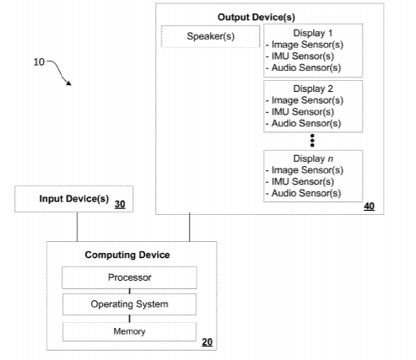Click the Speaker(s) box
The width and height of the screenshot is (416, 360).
[x=210, y=36]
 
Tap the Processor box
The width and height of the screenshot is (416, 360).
[x=129, y=277]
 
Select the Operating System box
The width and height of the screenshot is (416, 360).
[x=129, y=304]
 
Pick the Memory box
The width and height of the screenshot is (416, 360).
[x=129, y=331]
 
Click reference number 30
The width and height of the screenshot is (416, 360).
[x=120, y=204]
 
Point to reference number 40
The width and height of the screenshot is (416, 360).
[x=370, y=207]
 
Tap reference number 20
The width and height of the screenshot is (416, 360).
[x=207, y=342]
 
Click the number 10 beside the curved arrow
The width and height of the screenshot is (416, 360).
[x=39, y=62]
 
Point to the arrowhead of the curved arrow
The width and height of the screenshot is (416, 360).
[x=68, y=83]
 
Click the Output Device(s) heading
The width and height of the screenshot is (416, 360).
[x=257, y=17]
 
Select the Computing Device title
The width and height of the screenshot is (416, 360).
[x=127, y=255]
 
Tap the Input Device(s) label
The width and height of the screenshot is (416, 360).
[x=74, y=199]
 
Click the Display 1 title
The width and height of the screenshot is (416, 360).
[x=313, y=33]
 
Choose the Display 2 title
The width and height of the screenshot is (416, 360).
[x=313, y=89]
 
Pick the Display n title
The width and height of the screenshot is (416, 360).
[x=313, y=159]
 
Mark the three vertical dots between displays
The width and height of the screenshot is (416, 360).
[x=312, y=141]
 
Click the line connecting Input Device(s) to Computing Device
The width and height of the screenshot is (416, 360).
[x=78, y=227]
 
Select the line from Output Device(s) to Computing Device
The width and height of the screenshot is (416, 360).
[x=190, y=227]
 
